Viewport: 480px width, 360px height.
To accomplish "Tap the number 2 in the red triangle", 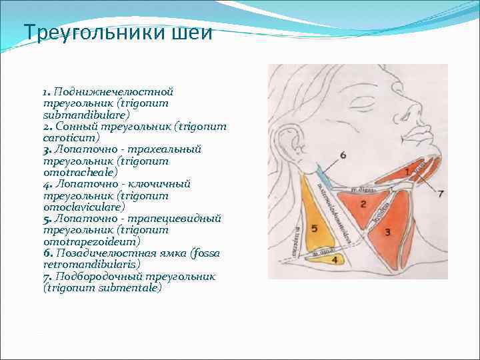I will (x=363, y=203).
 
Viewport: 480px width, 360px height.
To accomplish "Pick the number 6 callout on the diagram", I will (x=343, y=155).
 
